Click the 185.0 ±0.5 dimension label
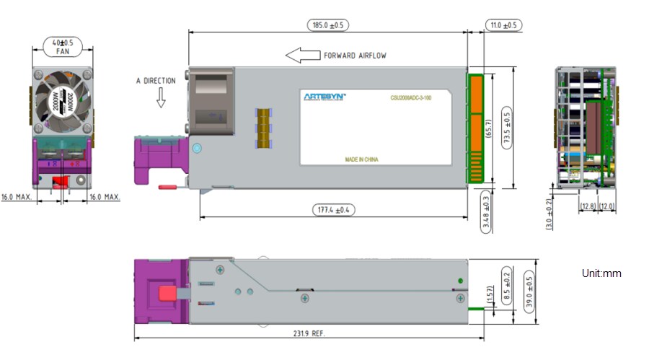pyautogui.click(x=328, y=25)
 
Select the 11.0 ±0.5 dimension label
pyautogui.click(x=503, y=25)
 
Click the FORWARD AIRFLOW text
pyautogui.click(x=355, y=56)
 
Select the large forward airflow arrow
pyautogui.click(x=302, y=56)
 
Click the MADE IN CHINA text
pyautogui.click(x=362, y=159)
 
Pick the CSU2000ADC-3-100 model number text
pyautogui.click(x=411, y=97)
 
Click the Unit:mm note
pyautogui.click(x=601, y=273)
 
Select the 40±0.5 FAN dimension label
pyautogui.click(x=62, y=46)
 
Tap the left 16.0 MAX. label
pyautogui.click(x=17, y=196)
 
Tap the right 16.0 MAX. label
pyautogui.click(x=104, y=196)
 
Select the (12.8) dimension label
pyautogui.click(x=588, y=207)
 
